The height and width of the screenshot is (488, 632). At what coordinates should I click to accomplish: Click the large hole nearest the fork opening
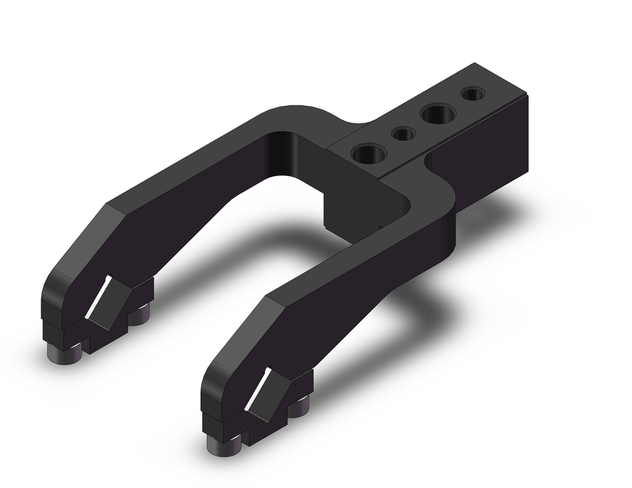pos(369,154)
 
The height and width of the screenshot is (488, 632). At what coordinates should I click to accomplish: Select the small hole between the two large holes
pos(403,134)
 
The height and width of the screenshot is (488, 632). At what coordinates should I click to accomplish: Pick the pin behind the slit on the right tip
pos(300,408)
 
